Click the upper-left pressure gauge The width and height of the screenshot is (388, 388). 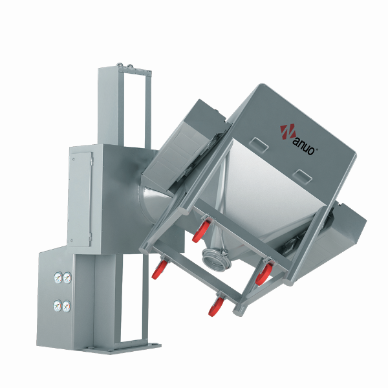click(x=58, y=277)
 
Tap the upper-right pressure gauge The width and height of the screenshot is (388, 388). click(x=67, y=277)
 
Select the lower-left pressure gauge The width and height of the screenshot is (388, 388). click(x=58, y=306)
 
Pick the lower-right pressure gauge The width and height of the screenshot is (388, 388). click(x=67, y=307)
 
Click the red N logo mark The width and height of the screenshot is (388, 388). click(x=288, y=133)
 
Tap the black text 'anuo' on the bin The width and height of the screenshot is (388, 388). click(x=304, y=146)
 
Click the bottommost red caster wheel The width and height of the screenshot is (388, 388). click(x=215, y=307)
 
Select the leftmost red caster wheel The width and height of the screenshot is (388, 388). click(x=158, y=270)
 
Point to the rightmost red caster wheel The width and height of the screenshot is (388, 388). click(x=264, y=274)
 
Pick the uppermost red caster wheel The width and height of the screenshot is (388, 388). click(x=200, y=232)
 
